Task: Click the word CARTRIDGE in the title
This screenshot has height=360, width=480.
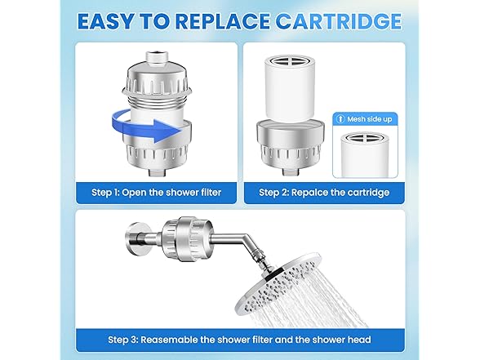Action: pos(338,21)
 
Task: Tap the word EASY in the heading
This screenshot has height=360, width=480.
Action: pos(105,21)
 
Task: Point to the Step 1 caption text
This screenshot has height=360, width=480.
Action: pos(156,193)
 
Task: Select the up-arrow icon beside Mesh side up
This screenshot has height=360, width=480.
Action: pos(340,119)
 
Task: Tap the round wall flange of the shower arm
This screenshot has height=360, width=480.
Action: pos(134,238)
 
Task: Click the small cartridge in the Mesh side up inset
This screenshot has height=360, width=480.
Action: pos(364,154)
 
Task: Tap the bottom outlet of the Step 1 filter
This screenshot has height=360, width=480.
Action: pos(157,172)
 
